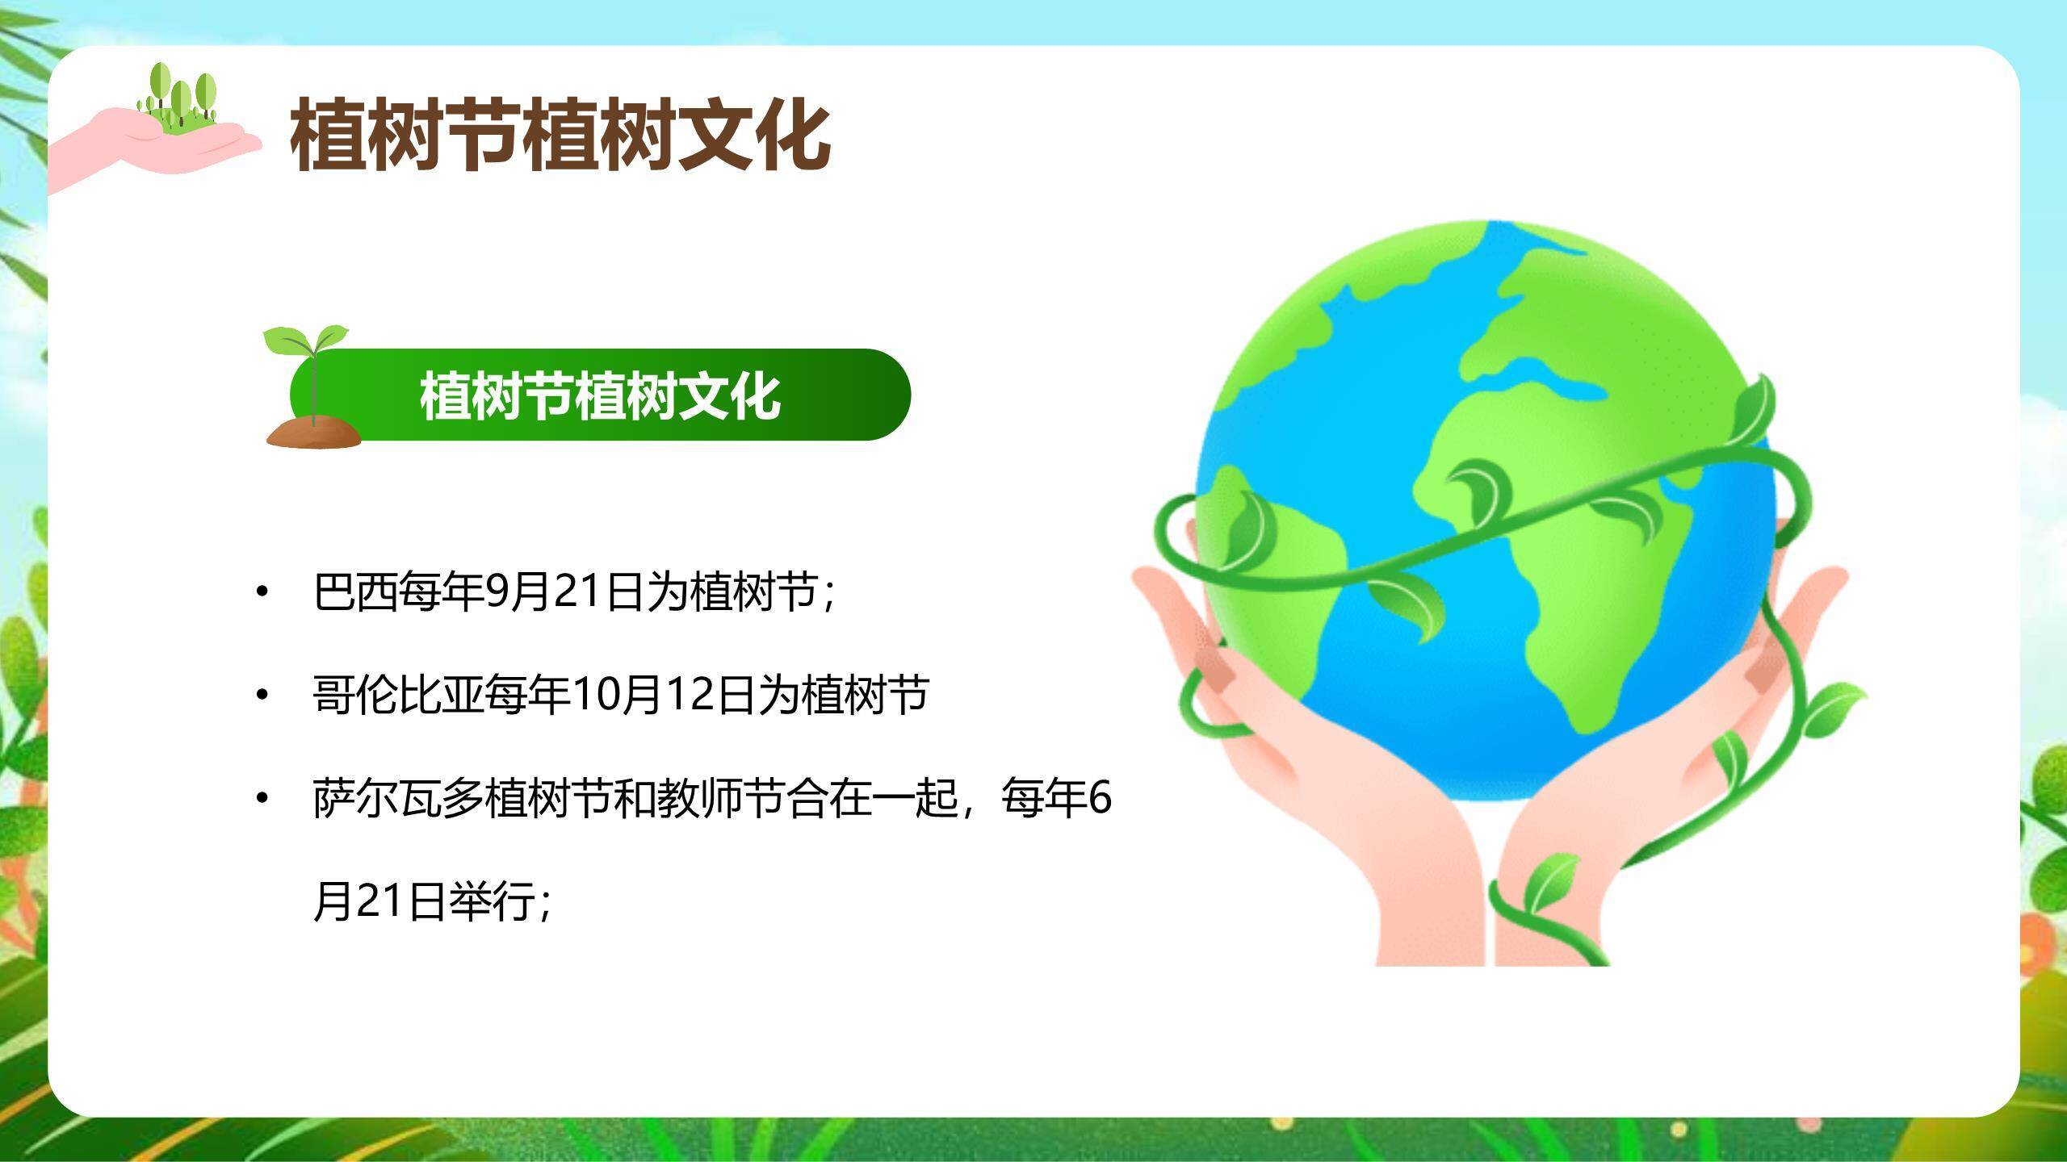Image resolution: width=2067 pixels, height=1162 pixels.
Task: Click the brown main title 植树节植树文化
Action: [560, 134]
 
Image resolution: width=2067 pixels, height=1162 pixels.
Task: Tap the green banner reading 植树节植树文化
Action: [599, 395]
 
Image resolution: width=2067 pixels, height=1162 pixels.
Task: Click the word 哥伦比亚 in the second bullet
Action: [398, 695]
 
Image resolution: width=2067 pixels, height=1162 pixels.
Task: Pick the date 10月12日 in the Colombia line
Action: [664, 695]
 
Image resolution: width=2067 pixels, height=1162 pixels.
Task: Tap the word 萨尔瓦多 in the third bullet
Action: [398, 798]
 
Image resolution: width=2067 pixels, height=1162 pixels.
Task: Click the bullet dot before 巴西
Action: [261, 592]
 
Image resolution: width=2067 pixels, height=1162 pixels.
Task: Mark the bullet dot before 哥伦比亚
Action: [261, 695]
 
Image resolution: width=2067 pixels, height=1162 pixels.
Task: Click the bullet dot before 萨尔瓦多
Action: [261, 798]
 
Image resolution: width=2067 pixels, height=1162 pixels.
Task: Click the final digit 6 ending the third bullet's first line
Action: [1101, 798]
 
